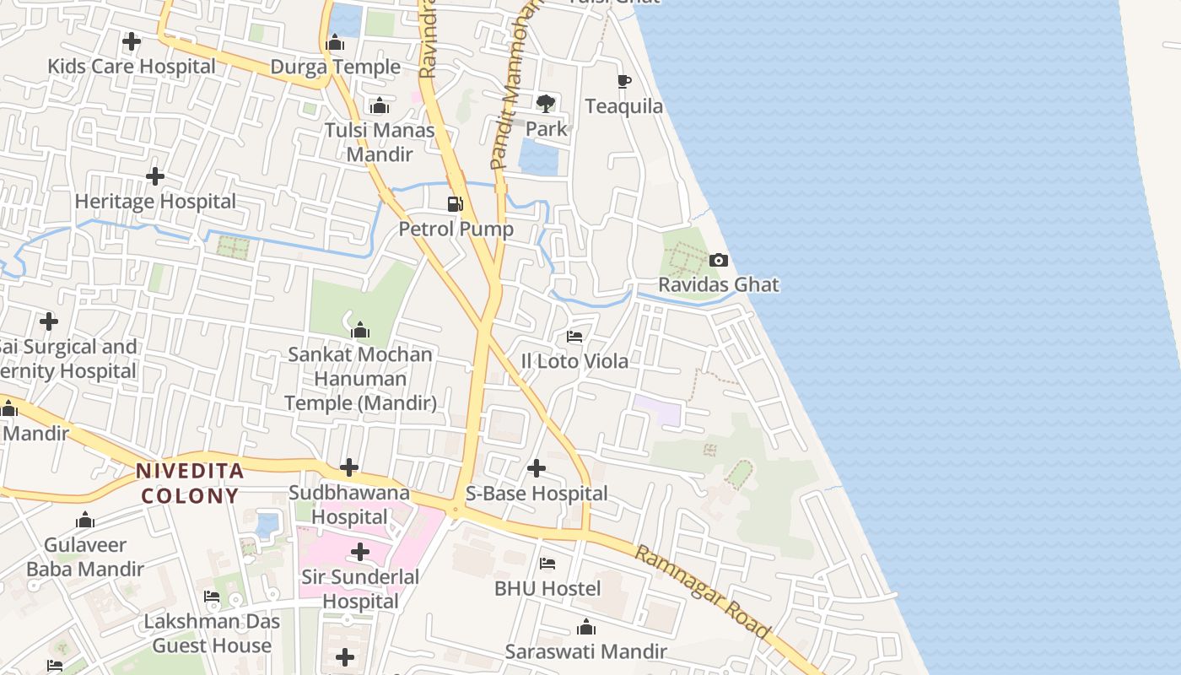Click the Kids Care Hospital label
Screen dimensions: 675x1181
132,66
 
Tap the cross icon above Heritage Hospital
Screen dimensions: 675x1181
155,176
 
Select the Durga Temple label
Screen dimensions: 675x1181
335,67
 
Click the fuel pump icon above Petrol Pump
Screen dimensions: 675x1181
456,203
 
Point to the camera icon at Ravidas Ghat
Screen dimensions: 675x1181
719,260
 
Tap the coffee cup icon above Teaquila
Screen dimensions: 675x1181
624,81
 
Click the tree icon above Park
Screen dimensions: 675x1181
546,104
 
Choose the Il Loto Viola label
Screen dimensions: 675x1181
574,361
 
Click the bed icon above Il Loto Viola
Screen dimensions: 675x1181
574,337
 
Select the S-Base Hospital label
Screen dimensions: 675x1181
537,494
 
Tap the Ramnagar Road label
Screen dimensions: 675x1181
703,591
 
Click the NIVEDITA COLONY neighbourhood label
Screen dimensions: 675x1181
191,483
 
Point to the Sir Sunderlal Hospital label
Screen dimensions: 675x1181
361,589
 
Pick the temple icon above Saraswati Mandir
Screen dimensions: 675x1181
585,627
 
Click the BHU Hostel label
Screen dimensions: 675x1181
547,588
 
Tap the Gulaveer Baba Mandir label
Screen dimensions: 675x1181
85,557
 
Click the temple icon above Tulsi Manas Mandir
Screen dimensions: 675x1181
380,105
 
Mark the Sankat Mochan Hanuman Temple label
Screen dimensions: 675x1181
360,378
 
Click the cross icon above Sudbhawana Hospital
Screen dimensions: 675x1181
349,467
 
